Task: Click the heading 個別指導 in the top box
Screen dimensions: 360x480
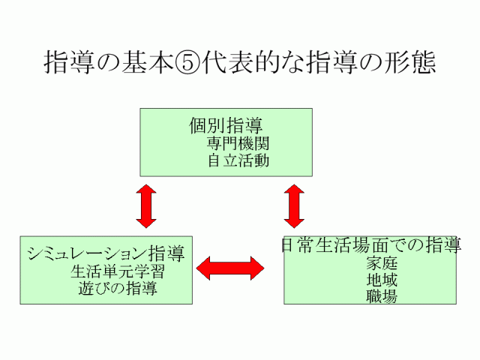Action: click(x=226, y=124)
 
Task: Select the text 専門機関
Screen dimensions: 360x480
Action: click(x=238, y=143)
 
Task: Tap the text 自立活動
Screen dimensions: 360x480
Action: click(x=238, y=160)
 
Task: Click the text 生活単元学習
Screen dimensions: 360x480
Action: click(x=118, y=271)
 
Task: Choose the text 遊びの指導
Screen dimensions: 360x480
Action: click(x=118, y=287)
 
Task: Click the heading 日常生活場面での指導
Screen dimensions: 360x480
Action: click(x=370, y=245)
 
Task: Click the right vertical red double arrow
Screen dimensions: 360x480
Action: click(x=293, y=205)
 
